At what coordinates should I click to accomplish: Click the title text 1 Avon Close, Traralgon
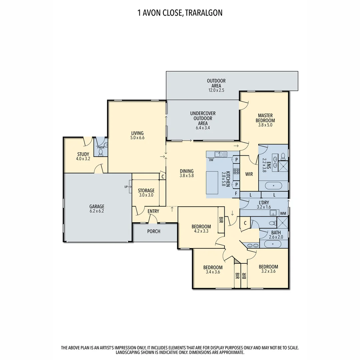pos(180,13)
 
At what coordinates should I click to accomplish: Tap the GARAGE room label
pos(97,206)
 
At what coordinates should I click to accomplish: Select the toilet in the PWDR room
pos(101,152)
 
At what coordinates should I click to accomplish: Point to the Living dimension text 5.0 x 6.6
pos(137,138)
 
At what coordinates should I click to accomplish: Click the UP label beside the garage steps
pos(126,187)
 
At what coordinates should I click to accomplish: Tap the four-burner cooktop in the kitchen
pos(236,171)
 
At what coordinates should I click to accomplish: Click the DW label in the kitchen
pos(211,160)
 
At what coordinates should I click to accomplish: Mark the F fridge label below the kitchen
pos(236,193)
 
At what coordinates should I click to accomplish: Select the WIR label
pos(249,174)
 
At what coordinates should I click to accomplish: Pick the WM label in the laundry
pos(283,213)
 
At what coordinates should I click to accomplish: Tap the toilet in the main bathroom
pos(272,223)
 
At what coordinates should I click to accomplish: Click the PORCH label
pos(154,231)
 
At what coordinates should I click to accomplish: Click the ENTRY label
pos(153,211)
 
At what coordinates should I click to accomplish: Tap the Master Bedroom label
pos(265,118)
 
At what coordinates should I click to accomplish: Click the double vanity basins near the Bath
pos(252,246)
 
